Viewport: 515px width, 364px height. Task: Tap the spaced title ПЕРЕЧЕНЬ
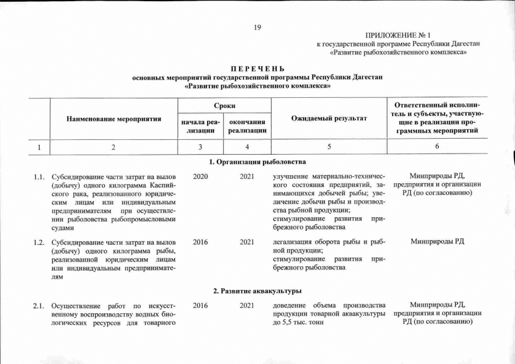click(257, 69)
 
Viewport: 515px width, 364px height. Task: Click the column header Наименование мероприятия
click(114, 119)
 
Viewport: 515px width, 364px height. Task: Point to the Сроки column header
click(224, 106)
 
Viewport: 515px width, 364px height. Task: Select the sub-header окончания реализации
click(247, 127)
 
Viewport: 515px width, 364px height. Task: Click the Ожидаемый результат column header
click(329, 118)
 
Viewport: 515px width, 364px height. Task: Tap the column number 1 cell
click(39, 147)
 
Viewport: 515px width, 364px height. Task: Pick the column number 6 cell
click(437, 147)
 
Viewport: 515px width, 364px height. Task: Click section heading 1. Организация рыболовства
click(257, 163)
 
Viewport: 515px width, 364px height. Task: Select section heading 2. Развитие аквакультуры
click(257, 291)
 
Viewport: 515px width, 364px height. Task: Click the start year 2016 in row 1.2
click(200, 242)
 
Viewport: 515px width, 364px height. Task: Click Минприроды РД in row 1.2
click(437, 242)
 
